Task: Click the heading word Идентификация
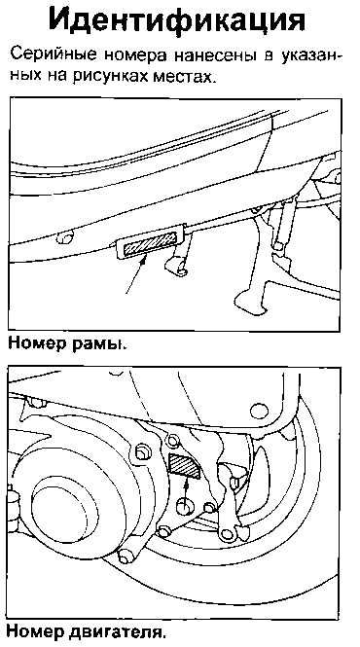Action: click(177, 19)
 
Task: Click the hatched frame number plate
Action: click(150, 244)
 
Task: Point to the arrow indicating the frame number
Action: click(136, 275)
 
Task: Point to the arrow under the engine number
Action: click(187, 490)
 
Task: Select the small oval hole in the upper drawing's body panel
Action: click(65, 236)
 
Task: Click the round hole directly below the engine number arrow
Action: click(186, 506)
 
